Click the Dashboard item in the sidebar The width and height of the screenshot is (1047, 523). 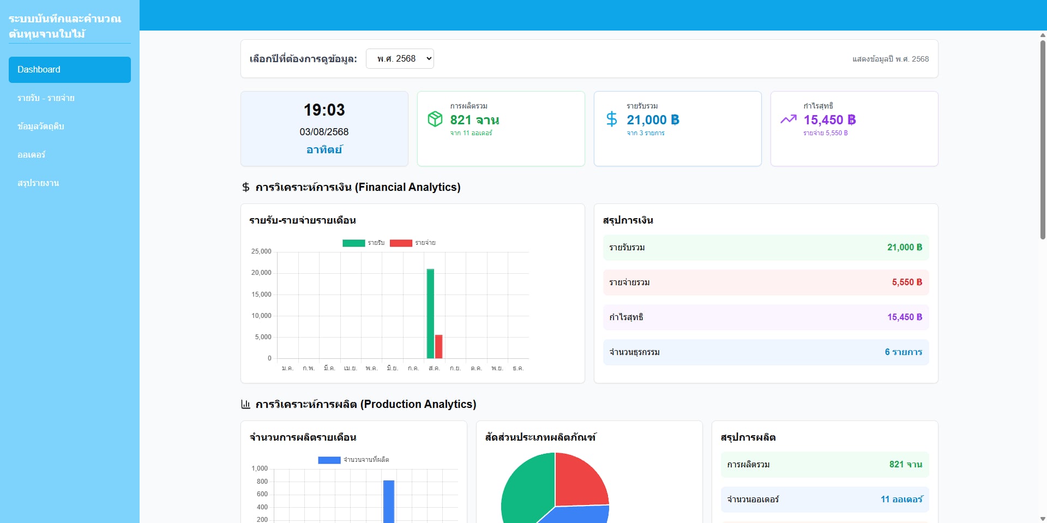pyautogui.click(x=70, y=70)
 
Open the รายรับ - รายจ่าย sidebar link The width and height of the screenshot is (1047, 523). pyautogui.click(x=46, y=98)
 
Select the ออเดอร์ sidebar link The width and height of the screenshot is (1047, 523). pyautogui.click(x=31, y=155)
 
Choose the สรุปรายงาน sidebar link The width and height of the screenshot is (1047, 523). pyautogui.click(x=38, y=183)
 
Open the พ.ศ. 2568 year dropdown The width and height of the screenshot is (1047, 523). pyautogui.click(x=400, y=59)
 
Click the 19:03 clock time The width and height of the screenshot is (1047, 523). pyautogui.click(x=324, y=110)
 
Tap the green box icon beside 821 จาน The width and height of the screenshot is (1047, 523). pyautogui.click(x=435, y=119)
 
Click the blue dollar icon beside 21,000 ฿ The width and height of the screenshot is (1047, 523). pyautogui.click(x=612, y=119)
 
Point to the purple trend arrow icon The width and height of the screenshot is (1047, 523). pyautogui.click(x=789, y=119)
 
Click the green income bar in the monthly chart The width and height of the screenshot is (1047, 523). pyautogui.click(x=430, y=314)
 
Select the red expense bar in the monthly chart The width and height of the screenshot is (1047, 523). pyautogui.click(x=438, y=346)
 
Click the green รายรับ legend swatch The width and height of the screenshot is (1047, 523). pyautogui.click(x=353, y=243)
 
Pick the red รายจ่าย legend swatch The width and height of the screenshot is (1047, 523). pyautogui.click(x=401, y=243)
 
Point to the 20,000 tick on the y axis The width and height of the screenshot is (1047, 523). pyautogui.click(x=261, y=273)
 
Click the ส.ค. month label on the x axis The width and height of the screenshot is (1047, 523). pyautogui.click(x=434, y=369)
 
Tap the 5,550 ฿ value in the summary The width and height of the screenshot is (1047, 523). pyautogui.click(x=907, y=282)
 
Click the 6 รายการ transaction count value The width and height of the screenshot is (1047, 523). pyautogui.click(x=903, y=352)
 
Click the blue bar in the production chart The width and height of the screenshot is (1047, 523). pyautogui.click(x=389, y=502)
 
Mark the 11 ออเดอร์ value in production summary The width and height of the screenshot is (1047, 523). pyautogui.click(x=901, y=500)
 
